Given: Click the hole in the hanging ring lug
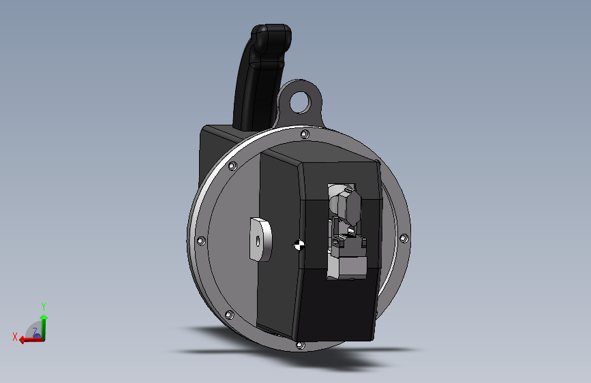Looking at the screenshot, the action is [301, 102].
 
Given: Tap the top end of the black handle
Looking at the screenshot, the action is [271, 27].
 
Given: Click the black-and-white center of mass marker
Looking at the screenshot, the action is [299, 245].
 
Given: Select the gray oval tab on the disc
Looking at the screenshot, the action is [260, 240].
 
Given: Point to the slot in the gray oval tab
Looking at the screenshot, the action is [258, 241].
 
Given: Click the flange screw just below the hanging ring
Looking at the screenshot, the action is [305, 134].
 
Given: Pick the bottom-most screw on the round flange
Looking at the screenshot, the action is [301, 346].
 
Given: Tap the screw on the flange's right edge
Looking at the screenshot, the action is [404, 239].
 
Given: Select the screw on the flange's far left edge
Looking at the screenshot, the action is [201, 241].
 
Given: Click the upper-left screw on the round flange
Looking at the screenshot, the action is [232, 166].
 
